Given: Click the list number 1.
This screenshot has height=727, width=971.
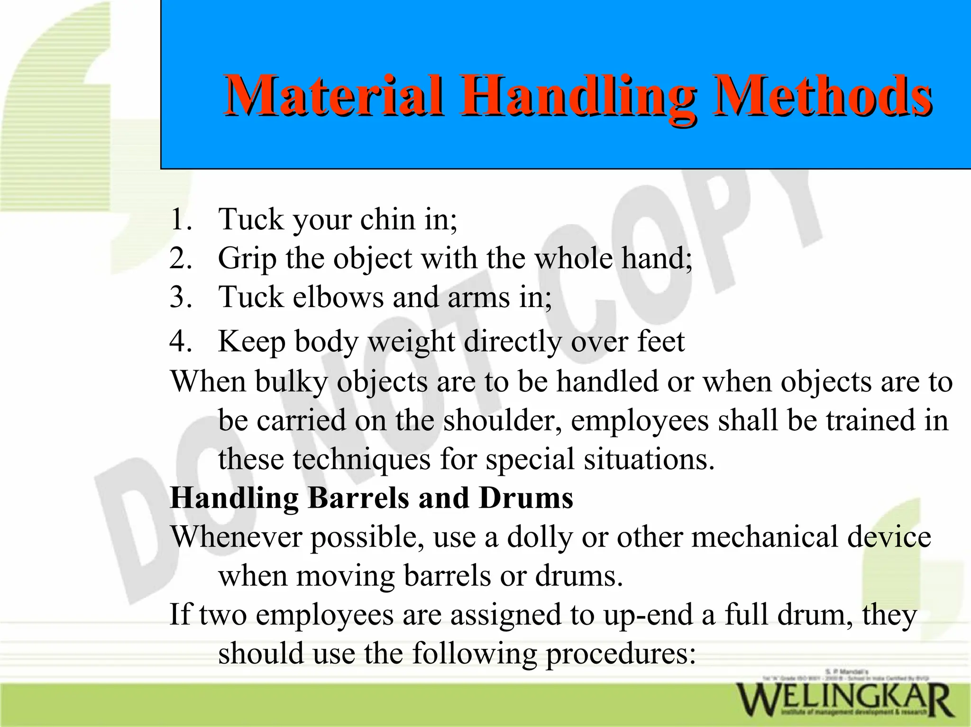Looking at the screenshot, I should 180,219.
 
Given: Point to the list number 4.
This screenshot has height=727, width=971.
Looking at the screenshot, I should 180,341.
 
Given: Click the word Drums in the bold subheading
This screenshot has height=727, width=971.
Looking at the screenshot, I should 526,498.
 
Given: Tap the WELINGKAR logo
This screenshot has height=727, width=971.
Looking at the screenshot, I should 844,699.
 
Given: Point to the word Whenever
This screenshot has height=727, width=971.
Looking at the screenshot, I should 235,537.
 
